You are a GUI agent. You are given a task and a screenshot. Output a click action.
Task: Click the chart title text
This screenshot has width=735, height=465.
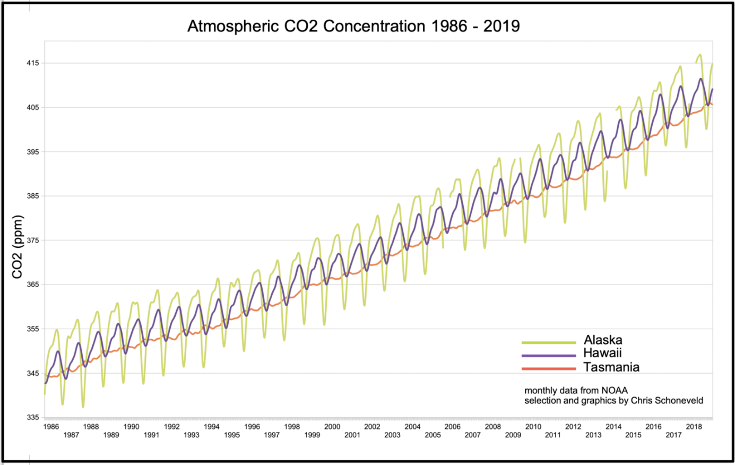pyautogui.click(x=353, y=26)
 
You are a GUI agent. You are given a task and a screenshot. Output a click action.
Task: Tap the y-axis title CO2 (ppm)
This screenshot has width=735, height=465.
pyautogui.click(x=18, y=247)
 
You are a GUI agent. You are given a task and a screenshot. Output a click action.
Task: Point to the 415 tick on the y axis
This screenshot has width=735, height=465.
pyautogui.click(x=32, y=63)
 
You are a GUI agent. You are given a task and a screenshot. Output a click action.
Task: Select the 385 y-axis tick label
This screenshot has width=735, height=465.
pyautogui.click(x=32, y=196)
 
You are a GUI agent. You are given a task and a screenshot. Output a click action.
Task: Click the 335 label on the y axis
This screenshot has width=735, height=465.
pyautogui.click(x=32, y=417)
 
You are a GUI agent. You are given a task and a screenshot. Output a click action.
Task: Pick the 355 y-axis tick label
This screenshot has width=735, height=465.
pyautogui.click(x=32, y=329)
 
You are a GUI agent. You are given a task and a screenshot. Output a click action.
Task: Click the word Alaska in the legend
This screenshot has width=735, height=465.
pyautogui.click(x=603, y=340)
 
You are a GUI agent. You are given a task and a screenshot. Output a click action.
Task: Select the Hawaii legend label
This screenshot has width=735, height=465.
pyautogui.click(x=602, y=353)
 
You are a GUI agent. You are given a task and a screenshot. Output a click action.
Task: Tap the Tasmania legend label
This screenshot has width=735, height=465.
pyautogui.click(x=611, y=367)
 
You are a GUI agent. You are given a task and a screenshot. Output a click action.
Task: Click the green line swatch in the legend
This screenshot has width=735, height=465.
pyautogui.click(x=549, y=342)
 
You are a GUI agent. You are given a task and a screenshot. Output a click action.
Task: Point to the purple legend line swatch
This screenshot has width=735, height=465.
pyautogui.click(x=549, y=355)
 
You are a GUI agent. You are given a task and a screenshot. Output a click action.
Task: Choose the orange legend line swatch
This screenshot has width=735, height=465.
pyautogui.click(x=549, y=368)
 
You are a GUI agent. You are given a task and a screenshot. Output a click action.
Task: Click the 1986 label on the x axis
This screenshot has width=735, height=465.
pyautogui.click(x=51, y=426)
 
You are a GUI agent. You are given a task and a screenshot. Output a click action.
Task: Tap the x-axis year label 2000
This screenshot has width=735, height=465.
pyautogui.click(x=332, y=426)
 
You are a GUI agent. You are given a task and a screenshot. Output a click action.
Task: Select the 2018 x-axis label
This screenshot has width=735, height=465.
pyautogui.click(x=694, y=426)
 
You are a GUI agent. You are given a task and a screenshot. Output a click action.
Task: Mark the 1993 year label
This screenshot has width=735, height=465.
pyautogui.click(x=192, y=435)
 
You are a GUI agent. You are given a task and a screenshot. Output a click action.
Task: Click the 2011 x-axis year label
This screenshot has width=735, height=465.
pyautogui.click(x=553, y=435)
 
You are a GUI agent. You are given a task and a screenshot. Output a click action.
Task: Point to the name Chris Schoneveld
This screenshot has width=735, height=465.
pyautogui.click(x=667, y=400)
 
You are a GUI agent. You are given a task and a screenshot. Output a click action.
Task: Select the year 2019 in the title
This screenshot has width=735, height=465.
pyautogui.click(x=501, y=26)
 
